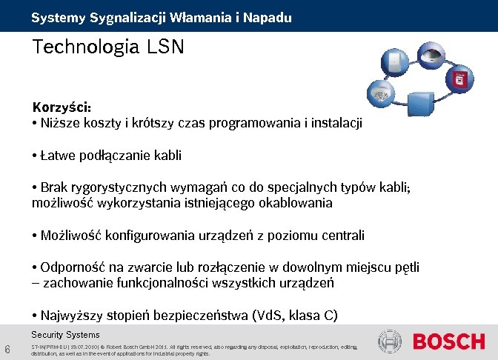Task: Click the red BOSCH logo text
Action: coord(448,341)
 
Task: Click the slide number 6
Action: coord(7,349)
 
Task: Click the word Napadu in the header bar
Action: coord(265,16)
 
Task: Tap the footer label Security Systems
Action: coord(65,335)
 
